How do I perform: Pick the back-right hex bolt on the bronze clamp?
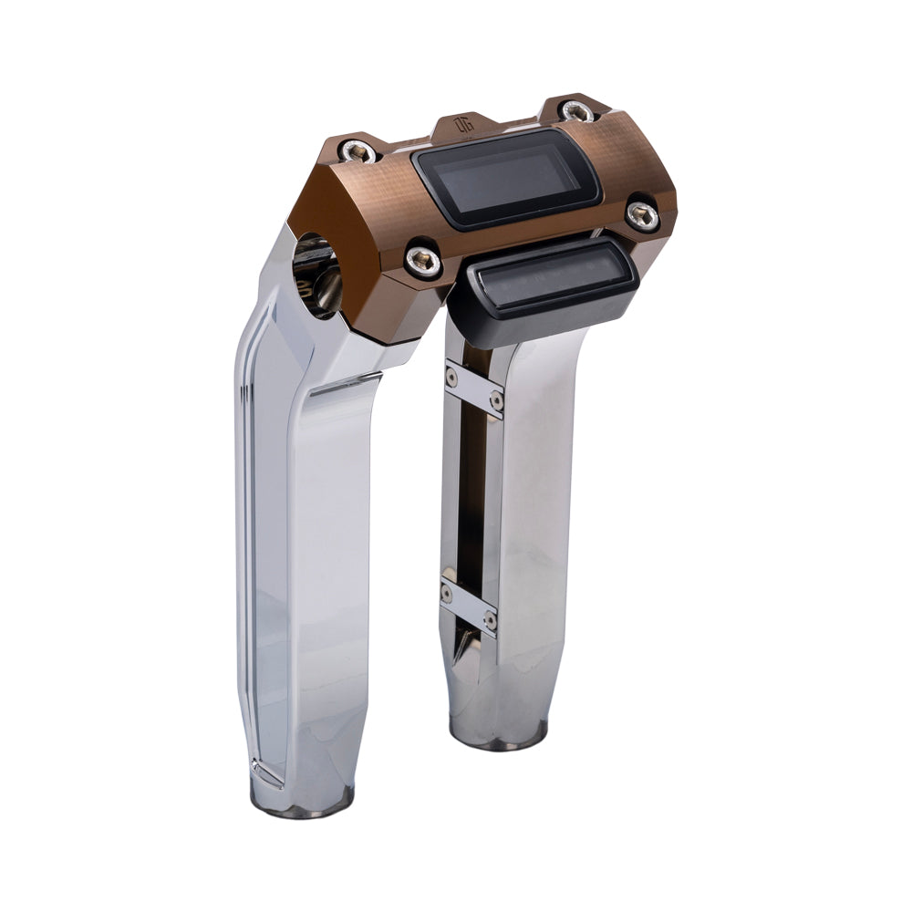pyautogui.click(x=575, y=111)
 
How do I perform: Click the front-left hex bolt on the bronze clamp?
pyautogui.click(x=423, y=262)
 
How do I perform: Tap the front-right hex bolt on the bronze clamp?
pyautogui.click(x=643, y=215)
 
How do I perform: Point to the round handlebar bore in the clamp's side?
pyautogui.click(x=317, y=274)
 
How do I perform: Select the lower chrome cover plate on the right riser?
pyautogui.click(x=469, y=606)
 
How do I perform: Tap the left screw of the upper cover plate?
pyautogui.click(x=451, y=374)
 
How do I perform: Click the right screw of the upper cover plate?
pyautogui.click(x=496, y=401)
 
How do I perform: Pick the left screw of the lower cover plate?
pyautogui.click(x=447, y=591)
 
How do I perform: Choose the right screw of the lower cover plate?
pyautogui.click(x=490, y=620)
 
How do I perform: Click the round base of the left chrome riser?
pyautogui.click(x=302, y=801)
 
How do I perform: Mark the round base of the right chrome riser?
pyautogui.click(x=499, y=735)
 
